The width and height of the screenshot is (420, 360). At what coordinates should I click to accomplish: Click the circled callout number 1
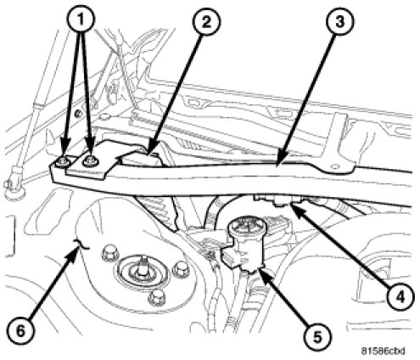[x=81, y=20]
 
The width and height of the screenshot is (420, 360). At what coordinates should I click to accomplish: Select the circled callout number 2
[x=207, y=22]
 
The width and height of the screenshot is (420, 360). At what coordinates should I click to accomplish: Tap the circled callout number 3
[x=339, y=22]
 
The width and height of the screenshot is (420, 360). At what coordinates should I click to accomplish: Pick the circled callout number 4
[x=400, y=297]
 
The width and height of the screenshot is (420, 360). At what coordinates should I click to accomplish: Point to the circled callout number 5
[x=317, y=336]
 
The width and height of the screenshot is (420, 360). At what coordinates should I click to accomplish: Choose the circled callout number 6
[x=20, y=330]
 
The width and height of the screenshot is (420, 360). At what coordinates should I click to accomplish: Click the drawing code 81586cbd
[x=384, y=351]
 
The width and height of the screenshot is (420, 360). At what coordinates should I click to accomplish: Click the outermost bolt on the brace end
[x=63, y=162]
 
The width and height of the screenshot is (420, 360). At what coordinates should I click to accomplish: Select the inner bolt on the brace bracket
[x=90, y=161]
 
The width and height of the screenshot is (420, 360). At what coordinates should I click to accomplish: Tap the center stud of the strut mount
[x=143, y=266]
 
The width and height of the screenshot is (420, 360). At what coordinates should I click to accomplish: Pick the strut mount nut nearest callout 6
[x=109, y=253]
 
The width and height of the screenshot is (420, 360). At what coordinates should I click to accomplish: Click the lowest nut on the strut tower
[x=156, y=297]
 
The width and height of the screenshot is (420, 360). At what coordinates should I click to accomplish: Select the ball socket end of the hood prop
[x=14, y=185]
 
